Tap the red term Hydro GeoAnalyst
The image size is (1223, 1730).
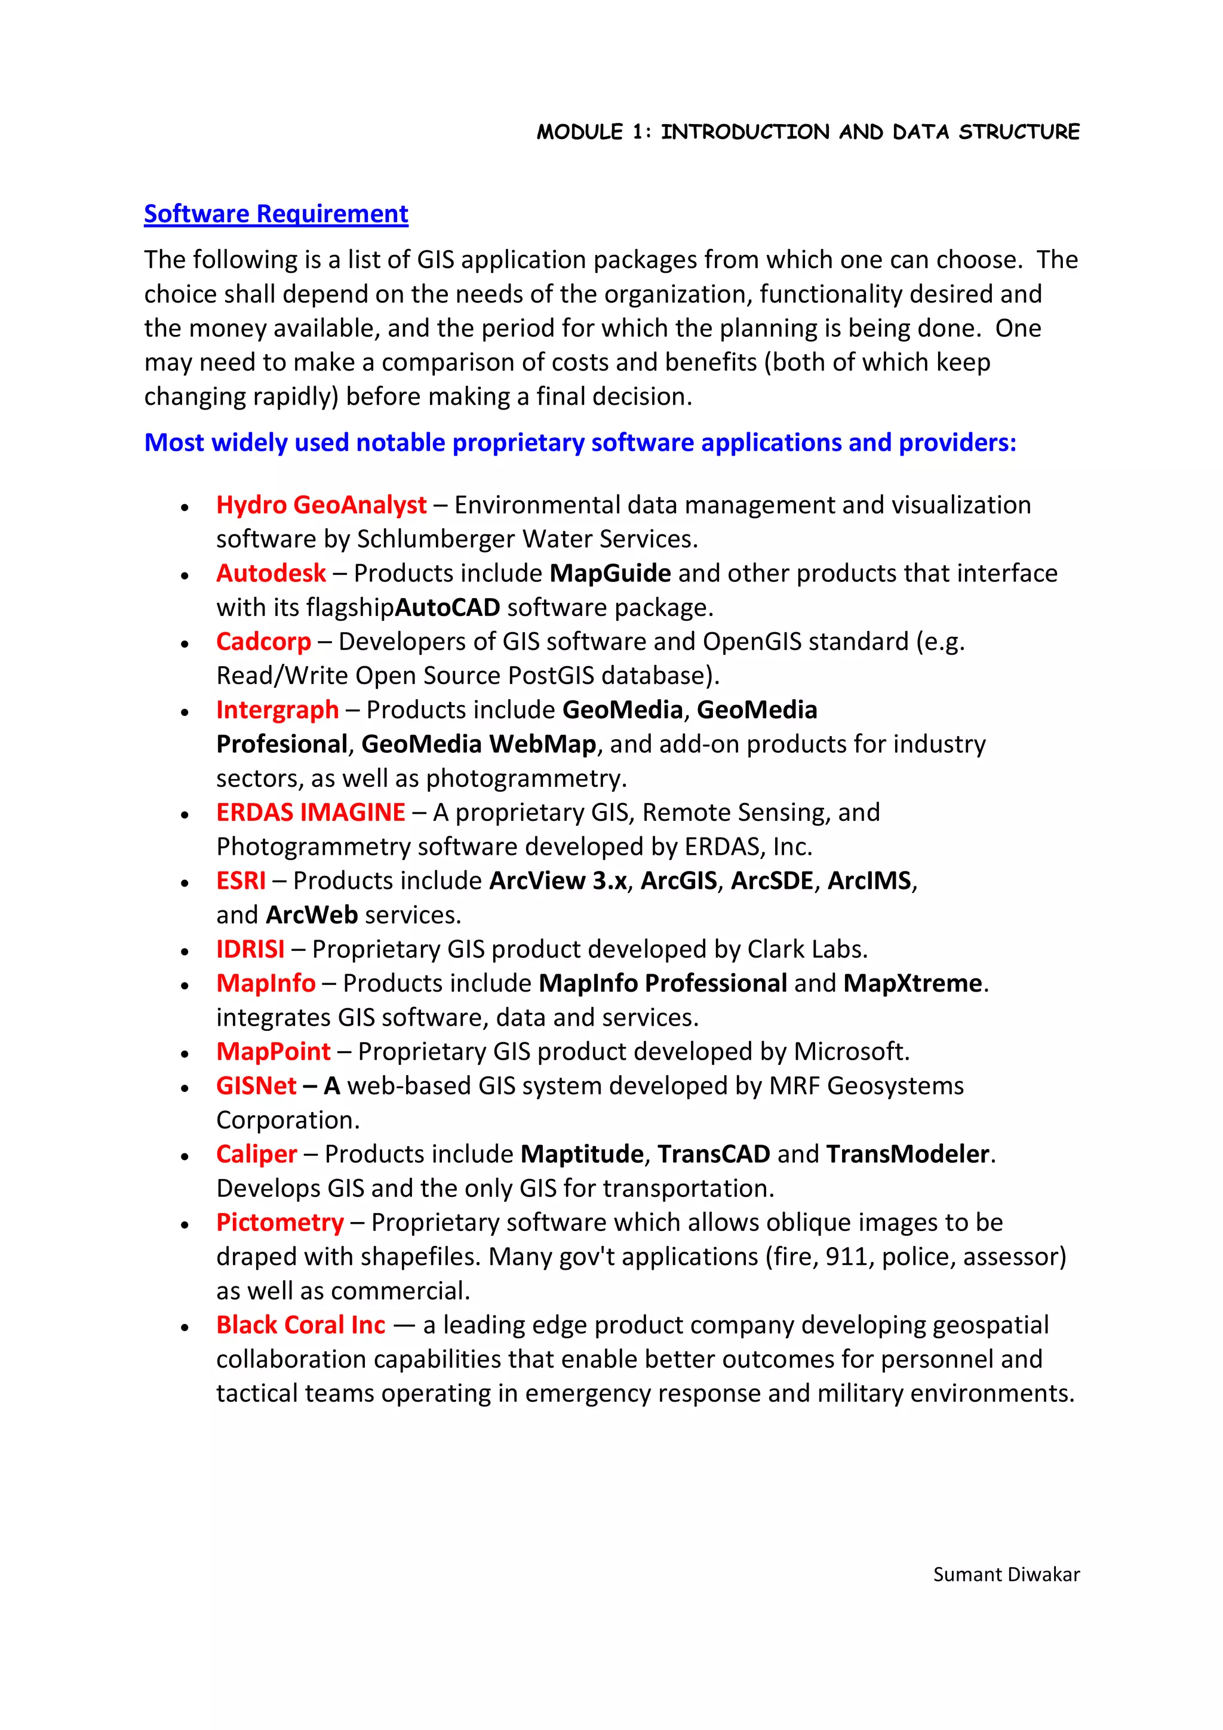point(321,505)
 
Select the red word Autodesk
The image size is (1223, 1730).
point(271,574)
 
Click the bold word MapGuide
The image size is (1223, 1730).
point(610,574)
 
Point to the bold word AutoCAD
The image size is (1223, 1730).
point(448,607)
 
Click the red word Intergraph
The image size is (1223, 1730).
point(277,710)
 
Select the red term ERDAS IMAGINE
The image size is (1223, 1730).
point(311,812)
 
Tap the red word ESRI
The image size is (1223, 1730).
point(241,881)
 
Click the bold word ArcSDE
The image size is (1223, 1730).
point(772,881)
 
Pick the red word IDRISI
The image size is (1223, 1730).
point(250,949)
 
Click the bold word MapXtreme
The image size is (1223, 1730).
point(912,983)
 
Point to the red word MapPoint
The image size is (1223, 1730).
point(273,1052)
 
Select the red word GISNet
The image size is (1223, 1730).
point(256,1086)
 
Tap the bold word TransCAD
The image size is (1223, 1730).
point(714,1155)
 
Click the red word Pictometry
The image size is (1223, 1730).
point(279,1223)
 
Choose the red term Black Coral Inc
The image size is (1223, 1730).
point(300,1325)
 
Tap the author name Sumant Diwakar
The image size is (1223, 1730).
point(1006,1575)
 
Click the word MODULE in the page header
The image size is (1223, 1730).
point(579,133)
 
